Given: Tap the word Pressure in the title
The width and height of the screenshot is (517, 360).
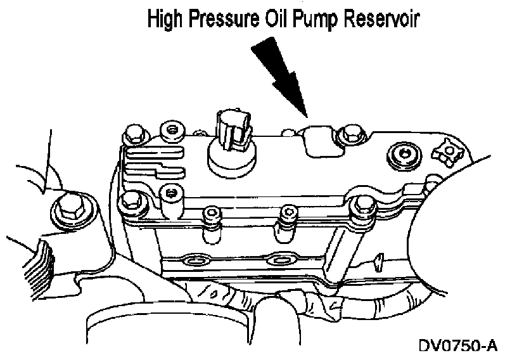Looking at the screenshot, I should pyautogui.click(x=221, y=20).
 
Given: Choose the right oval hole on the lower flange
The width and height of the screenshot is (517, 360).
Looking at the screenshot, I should pyautogui.click(x=278, y=259).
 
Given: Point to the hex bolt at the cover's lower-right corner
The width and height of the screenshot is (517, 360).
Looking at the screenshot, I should pyautogui.click(x=363, y=205).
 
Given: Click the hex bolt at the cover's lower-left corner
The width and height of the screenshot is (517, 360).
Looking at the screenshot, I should pyautogui.click(x=132, y=199).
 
